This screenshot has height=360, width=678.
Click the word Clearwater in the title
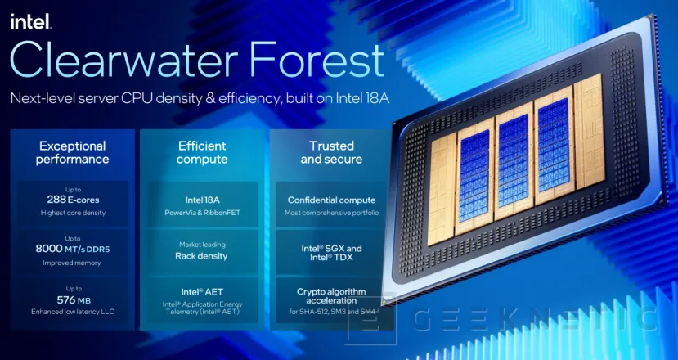[125, 59]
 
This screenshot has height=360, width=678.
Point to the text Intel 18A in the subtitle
[362, 98]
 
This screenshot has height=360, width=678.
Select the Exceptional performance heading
[72, 152]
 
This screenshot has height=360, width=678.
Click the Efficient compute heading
[202, 152]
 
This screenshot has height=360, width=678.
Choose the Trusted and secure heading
[332, 152]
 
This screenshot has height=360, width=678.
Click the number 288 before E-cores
[56, 200]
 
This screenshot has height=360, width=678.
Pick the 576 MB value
[74, 299]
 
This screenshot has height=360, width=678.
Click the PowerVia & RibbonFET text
[202, 213]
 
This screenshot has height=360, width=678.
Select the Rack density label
[201, 256]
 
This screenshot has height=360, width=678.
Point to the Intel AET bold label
[202, 292]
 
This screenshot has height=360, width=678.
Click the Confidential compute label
[332, 200]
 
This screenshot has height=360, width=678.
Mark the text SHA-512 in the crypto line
[316, 312]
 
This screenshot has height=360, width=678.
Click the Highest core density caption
[73, 213]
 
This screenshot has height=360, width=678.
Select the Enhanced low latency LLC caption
[73, 312]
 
